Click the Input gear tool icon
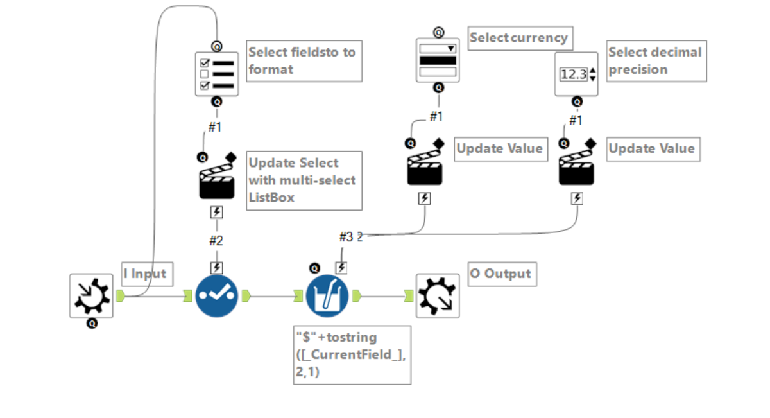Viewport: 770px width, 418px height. pyautogui.click(x=91, y=295)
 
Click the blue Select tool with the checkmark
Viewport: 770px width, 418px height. pyautogui.click(x=217, y=296)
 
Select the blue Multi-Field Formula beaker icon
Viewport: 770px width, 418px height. pyautogui.click(x=327, y=296)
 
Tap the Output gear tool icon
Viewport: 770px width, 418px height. pyautogui.click(x=438, y=296)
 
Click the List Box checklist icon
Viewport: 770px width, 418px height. pyautogui.click(x=217, y=74)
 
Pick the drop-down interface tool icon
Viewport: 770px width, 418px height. pyautogui.click(x=438, y=60)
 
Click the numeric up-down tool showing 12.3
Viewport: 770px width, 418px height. pyautogui.click(x=576, y=74)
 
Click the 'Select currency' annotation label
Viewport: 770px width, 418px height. pyautogui.click(x=519, y=38)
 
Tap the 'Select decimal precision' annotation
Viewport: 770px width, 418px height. pyautogui.click(x=655, y=61)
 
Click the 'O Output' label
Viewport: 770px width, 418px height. pyautogui.click(x=501, y=274)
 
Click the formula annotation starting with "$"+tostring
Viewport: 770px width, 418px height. pyautogui.click(x=352, y=354)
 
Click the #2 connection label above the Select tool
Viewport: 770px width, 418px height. pyautogui.click(x=216, y=241)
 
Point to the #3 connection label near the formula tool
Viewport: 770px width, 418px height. pyautogui.click(x=346, y=237)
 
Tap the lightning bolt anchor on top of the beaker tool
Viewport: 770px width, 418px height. pyautogui.click(x=341, y=268)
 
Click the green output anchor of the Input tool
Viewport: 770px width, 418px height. pyautogui.click(x=120, y=295)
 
